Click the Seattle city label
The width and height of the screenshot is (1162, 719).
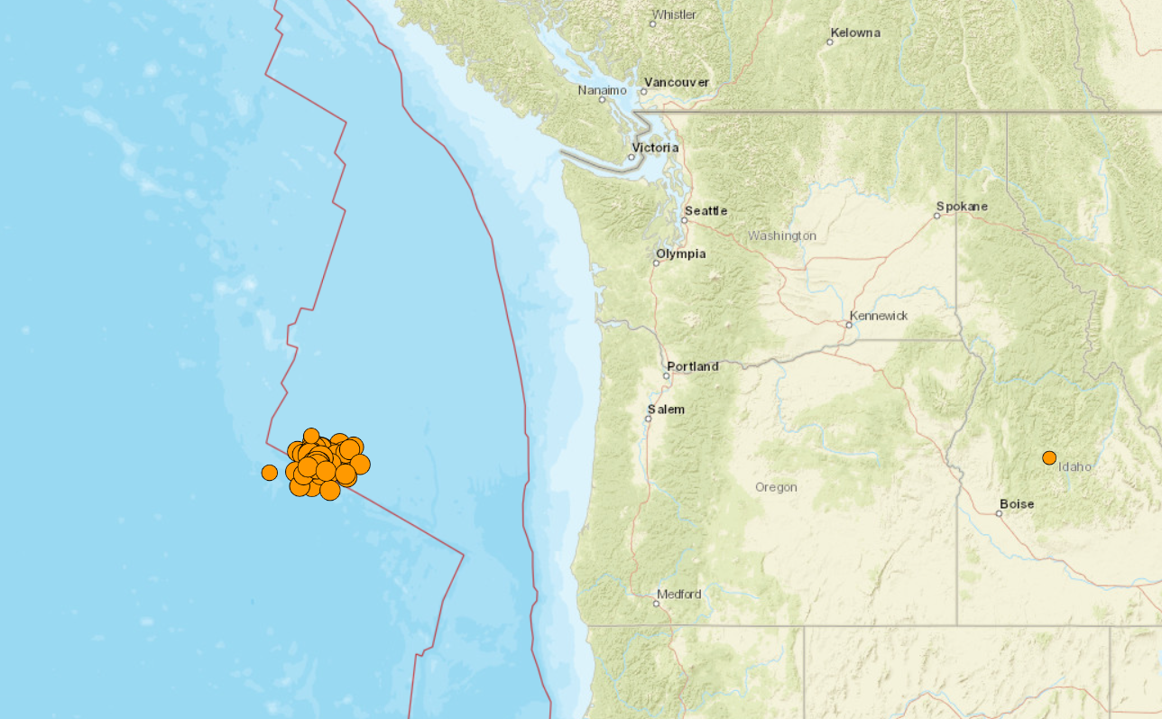pos(705,211)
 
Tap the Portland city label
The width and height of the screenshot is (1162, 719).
pos(693,366)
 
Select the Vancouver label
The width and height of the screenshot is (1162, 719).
pos(676,83)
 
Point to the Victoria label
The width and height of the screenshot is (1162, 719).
pos(655,148)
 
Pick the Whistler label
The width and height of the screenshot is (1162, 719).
pos(675,14)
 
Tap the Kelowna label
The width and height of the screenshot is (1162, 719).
pos(855,33)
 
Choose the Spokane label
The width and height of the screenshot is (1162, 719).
pos(962,207)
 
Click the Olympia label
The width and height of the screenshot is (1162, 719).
pos(681,254)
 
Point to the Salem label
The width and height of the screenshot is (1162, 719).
pos(666,410)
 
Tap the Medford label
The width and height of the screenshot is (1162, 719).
pos(679,595)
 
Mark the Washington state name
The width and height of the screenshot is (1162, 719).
pos(782,236)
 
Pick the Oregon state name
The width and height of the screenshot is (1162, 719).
pos(776,487)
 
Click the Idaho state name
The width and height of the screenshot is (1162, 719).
pos(1075,467)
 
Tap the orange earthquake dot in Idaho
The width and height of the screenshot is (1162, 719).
pos(1049,457)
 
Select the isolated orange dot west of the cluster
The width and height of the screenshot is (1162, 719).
pos(269,473)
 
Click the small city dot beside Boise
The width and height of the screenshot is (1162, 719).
pos(999,514)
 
